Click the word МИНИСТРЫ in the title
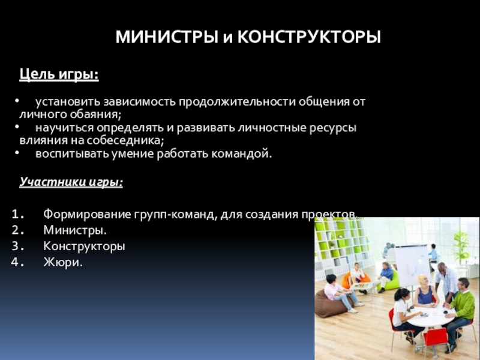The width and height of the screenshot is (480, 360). click(167, 37)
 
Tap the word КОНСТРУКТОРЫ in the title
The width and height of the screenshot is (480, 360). click(309, 37)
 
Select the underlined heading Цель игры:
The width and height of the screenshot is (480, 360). click(59, 74)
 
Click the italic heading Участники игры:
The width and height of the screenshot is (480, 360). click(71, 182)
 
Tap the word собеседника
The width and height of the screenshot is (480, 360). click(125, 140)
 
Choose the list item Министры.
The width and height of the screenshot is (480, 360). click(75, 230)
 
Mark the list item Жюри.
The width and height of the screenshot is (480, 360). click(63, 262)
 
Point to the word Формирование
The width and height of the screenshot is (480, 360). click(87, 214)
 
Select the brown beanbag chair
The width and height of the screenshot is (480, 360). click(333, 303)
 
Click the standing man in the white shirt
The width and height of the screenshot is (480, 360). click(446, 281)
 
